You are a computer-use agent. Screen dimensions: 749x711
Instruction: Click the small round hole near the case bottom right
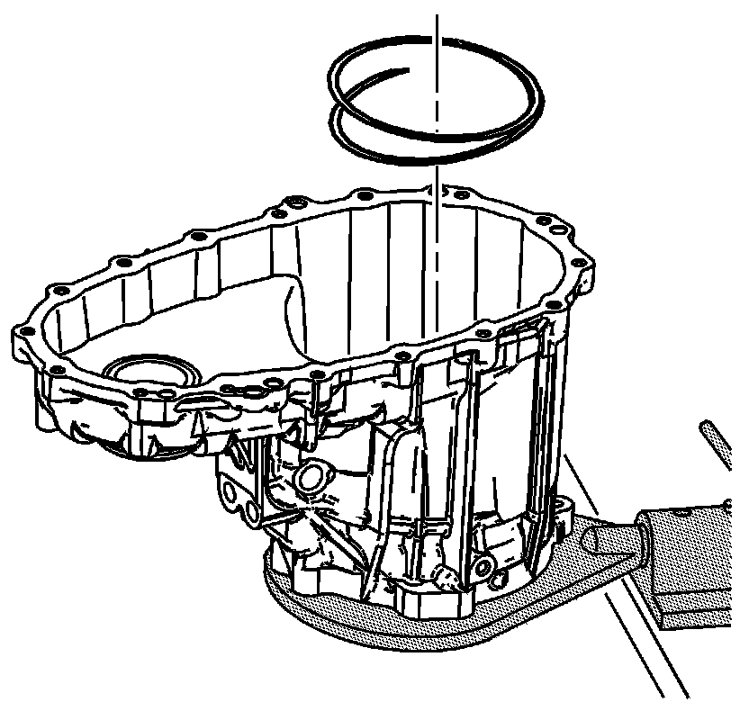pos(484,565)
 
